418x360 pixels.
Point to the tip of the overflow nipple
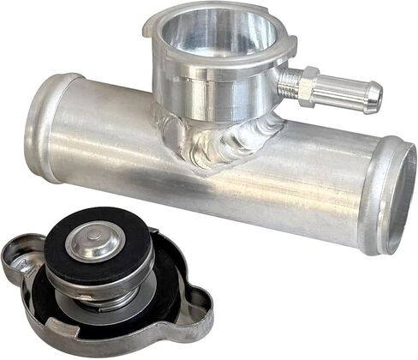(x=374, y=99)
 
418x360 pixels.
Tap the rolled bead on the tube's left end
(x=45, y=127)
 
